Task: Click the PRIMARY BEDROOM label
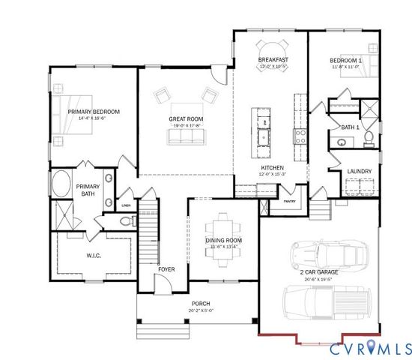[94, 112]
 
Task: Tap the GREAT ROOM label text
[185, 119]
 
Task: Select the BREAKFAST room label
[273, 59]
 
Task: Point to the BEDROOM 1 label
[345, 59]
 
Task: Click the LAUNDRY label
[359, 171]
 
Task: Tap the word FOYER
[166, 268]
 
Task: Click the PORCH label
[201, 303]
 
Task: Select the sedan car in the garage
[329, 253]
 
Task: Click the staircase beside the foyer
[148, 232]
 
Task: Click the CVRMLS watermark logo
[370, 348]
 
